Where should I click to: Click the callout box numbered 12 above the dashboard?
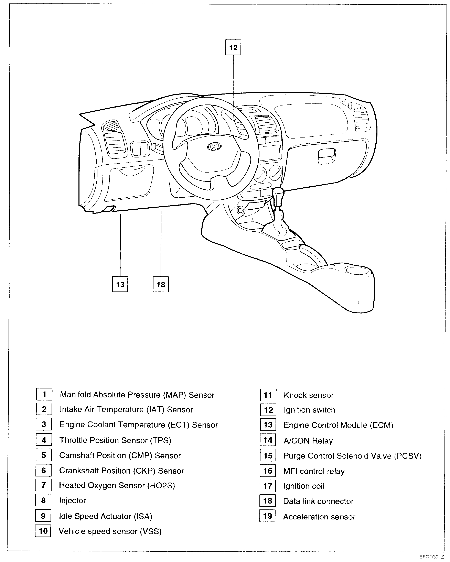click(233, 47)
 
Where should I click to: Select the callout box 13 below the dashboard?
click(120, 284)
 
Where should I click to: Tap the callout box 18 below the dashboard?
click(161, 284)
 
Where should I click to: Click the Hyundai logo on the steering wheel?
click(214, 146)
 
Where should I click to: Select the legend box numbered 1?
click(44, 394)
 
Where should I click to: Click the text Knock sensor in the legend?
click(308, 395)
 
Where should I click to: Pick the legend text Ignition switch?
click(309, 410)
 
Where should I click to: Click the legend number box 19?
click(267, 516)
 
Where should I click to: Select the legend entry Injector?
click(72, 500)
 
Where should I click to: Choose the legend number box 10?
click(43, 531)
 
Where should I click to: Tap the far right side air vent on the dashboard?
click(361, 120)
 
